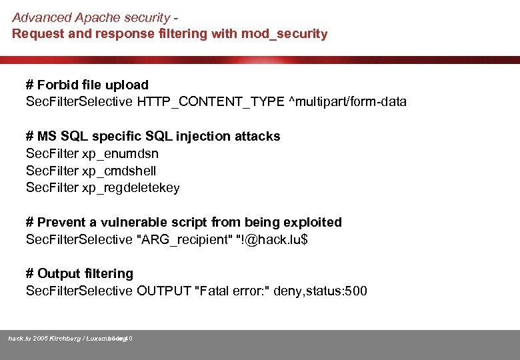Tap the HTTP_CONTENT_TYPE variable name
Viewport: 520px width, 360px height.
(210, 102)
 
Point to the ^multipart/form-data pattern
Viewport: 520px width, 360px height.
(347, 102)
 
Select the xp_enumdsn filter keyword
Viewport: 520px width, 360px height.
(120, 153)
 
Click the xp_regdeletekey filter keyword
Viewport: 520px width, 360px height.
(131, 188)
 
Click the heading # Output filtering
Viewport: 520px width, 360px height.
(79, 273)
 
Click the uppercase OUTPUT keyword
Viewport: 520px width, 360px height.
(162, 291)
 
